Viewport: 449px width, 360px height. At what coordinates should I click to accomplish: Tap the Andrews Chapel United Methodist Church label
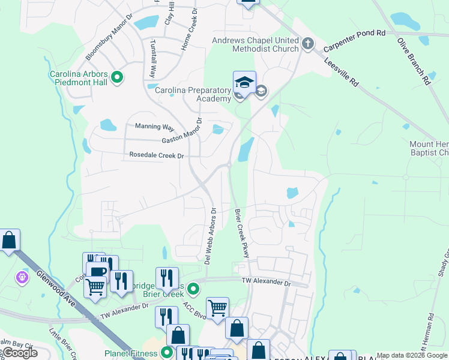[x=255, y=45]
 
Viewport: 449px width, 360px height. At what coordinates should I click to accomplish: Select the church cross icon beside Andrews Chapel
[x=308, y=43]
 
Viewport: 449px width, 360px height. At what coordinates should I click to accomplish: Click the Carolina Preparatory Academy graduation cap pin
[x=244, y=83]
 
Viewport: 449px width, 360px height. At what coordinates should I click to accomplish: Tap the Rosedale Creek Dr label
[x=156, y=155]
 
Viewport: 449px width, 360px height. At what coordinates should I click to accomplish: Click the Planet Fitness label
[x=128, y=353]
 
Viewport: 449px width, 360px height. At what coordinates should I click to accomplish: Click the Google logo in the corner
[x=19, y=353]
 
